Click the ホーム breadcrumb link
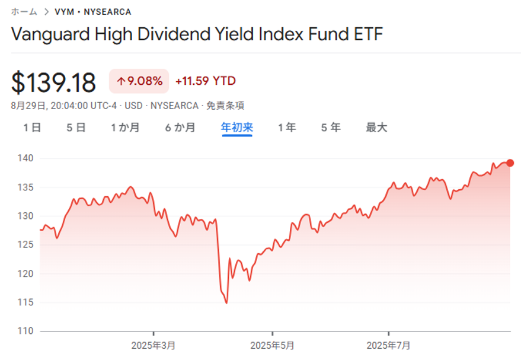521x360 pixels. [x=24, y=12]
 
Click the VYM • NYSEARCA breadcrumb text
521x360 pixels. [x=93, y=12]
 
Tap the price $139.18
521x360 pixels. [x=53, y=82]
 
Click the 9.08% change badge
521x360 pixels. [x=139, y=81]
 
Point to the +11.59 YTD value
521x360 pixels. [x=206, y=81]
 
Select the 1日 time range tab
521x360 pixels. [x=32, y=128]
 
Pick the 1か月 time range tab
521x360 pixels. [x=125, y=128]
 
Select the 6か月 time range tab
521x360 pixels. [x=180, y=128]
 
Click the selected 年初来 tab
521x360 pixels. [x=237, y=128]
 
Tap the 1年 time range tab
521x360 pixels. [x=287, y=128]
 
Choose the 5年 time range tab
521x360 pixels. [x=331, y=128]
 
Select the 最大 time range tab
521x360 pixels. [x=377, y=128]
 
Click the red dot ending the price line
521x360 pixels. [x=510, y=163]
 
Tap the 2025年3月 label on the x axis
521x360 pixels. [x=154, y=345]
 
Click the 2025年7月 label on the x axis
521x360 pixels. [x=388, y=345]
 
